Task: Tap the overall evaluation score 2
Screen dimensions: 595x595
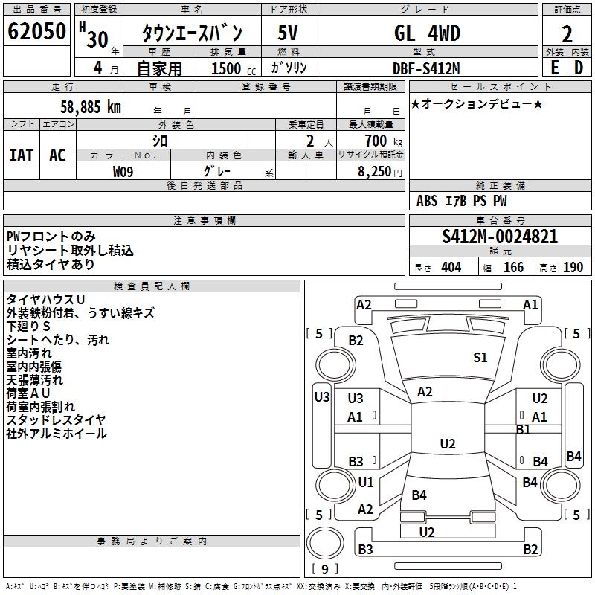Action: click(x=567, y=34)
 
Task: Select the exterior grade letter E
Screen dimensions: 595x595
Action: click(x=554, y=67)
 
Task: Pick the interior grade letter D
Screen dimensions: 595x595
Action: click(x=579, y=67)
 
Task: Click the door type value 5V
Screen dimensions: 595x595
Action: click(x=289, y=33)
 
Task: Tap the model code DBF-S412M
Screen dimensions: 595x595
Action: click(x=426, y=68)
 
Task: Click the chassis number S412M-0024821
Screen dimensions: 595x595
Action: click(x=499, y=237)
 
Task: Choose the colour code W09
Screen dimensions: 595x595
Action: click(x=123, y=171)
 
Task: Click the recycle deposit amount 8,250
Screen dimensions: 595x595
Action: click(x=375, y=171)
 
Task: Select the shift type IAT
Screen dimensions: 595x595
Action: click(x=21, y=155)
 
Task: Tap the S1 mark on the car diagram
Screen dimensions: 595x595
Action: click(x=480, y=358)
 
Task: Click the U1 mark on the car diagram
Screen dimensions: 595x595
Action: click(x=365, y=483)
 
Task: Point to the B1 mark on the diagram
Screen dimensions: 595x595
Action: click(x=523, y=430)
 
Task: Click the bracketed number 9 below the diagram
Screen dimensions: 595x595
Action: click(x=325, y=570)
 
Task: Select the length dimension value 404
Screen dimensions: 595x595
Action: click(x=451, y=268)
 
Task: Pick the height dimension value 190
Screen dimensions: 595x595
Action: click(x=573, y=268)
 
